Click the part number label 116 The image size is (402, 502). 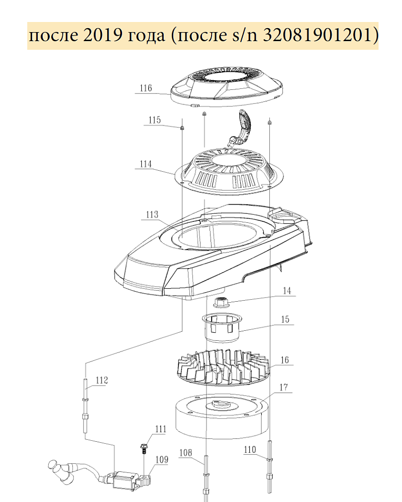coord(146,88)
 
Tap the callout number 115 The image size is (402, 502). coord(154,120)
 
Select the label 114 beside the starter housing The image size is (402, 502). coord(145,164)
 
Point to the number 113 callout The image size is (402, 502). coord(152,214)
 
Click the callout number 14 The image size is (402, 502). coord(287,291)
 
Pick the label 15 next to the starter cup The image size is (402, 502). coord(285,319)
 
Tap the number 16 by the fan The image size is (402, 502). coord(285,360)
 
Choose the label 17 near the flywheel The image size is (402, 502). coord(284,388)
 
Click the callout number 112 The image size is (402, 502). coord(102,381)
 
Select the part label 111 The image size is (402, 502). coord(161,429)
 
